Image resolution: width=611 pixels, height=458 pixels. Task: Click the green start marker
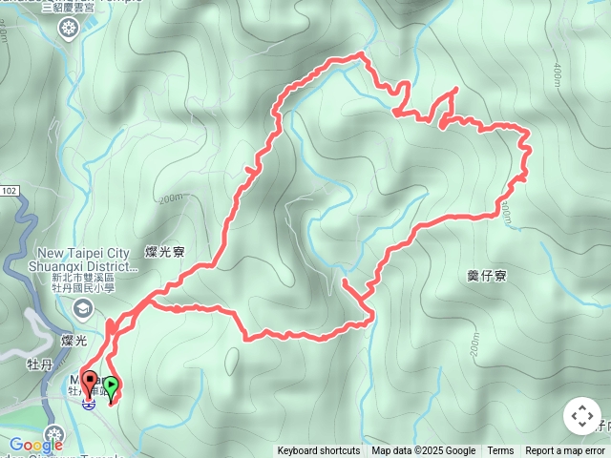click(111, 387)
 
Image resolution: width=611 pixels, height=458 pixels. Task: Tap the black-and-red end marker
click(90, 383)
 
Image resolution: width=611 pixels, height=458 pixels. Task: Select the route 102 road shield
click(9, 192)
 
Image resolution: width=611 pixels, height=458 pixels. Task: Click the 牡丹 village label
click(39, 363)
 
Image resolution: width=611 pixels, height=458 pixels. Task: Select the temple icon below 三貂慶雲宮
click(68, 29)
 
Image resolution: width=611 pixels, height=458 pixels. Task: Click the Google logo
click(35, 445)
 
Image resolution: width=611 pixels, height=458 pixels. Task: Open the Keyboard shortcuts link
click(319, 451)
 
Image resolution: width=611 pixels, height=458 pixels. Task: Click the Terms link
click(500, 451)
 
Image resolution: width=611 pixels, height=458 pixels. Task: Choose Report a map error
click(565, 451)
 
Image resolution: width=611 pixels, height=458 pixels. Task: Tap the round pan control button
click(581, 416)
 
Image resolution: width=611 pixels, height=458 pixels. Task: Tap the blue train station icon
click(88, 404)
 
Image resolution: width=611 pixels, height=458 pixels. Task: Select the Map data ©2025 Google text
click(423, 451)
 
